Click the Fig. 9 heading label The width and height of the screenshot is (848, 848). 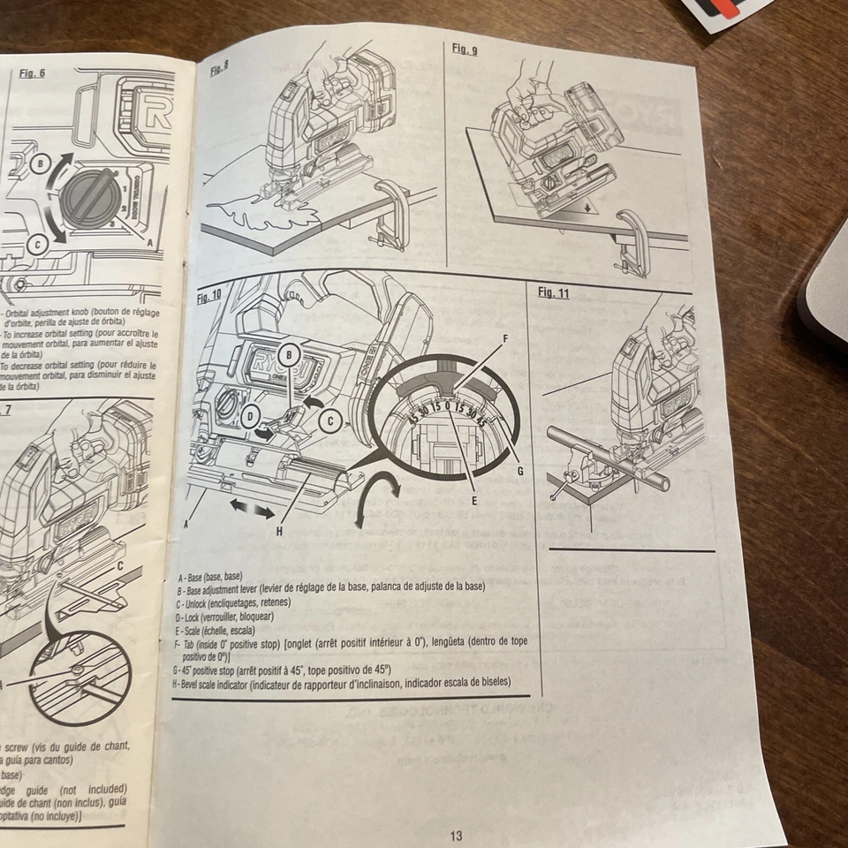pos(465,49)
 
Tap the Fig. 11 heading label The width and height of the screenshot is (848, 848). pos(554,293)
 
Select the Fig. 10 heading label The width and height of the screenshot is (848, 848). pos(209,298)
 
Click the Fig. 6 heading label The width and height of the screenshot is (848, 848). pos(32,73)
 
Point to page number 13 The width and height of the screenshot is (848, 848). pos(456,836)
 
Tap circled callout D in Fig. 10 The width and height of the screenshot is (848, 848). pos(250,414)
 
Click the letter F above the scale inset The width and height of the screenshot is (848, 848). pos(504,337)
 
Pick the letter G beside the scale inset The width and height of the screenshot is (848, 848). pos(520,471)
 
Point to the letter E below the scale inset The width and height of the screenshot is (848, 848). pos(474,500)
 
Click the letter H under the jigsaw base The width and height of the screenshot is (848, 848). pos(279,531)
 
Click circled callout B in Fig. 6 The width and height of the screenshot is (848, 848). pos(40,164)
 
